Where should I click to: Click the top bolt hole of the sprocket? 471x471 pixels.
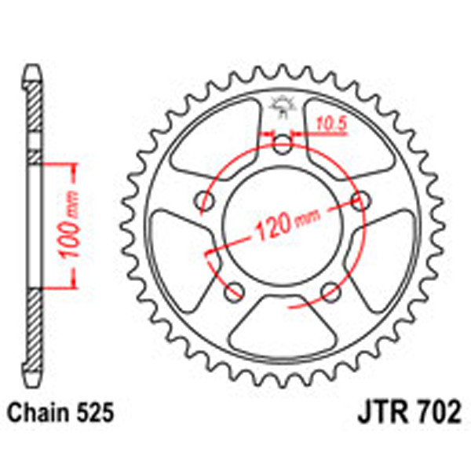click(283, 144)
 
